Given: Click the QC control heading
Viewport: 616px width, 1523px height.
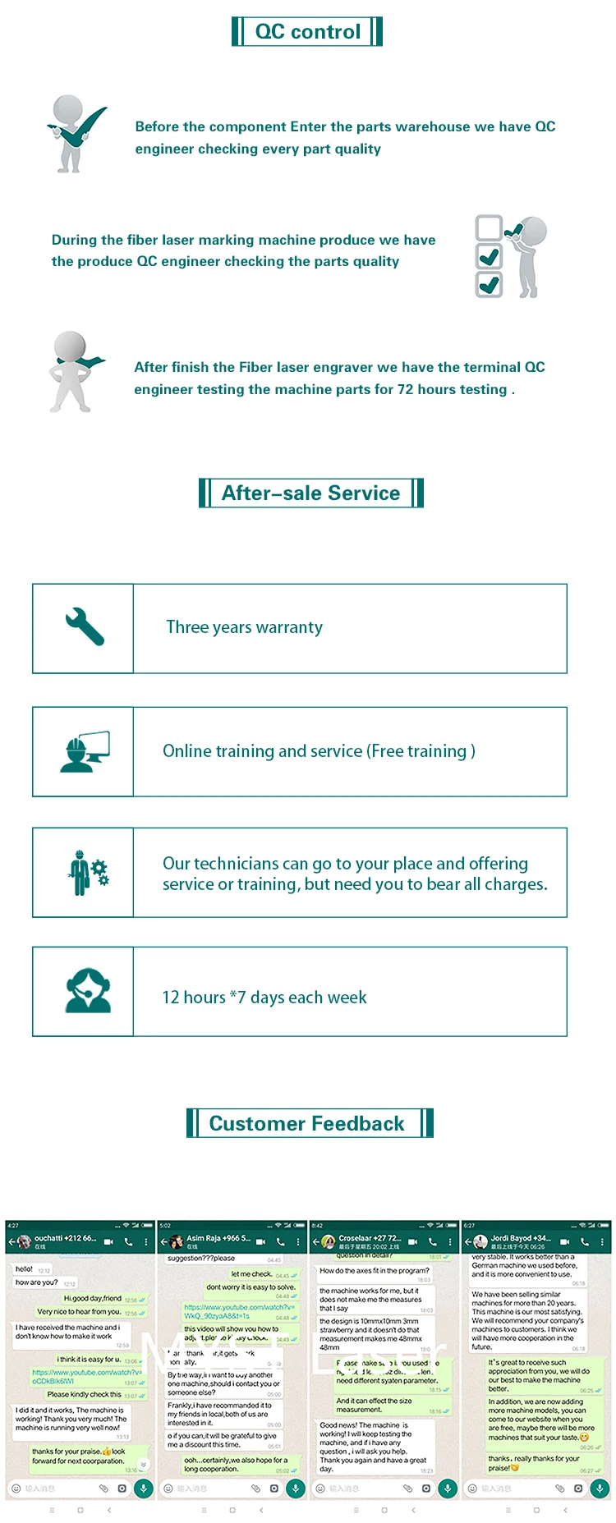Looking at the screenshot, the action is click(x=307, y=32).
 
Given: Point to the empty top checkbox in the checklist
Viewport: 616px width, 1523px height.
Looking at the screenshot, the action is click(x=489, y=227).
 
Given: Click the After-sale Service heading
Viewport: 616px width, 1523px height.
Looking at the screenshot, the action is click(x=310, y=493).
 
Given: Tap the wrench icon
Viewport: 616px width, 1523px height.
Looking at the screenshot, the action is click(x=85, y=627).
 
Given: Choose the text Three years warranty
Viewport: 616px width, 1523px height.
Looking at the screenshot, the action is click(x=244, y=627).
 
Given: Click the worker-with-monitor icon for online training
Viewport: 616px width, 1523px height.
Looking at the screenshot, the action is click(x=84, y=751).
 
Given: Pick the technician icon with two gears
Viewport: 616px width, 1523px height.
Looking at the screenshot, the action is click(x=87, y=872).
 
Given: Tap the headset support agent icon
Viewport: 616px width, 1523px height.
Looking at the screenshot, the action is click(x=87, y=991).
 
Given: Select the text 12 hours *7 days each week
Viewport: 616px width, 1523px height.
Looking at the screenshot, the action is click(x=264, y=998).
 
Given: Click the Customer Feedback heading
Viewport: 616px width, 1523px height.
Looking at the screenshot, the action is click(x=306, y=1123).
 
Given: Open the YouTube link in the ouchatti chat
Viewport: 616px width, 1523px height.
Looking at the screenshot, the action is click(x=85, y=1376).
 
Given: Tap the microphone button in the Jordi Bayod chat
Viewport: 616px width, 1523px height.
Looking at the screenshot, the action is click(x=600, y=1488).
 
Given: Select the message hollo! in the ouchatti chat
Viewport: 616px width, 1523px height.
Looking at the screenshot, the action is click(x=25, y=1269).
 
